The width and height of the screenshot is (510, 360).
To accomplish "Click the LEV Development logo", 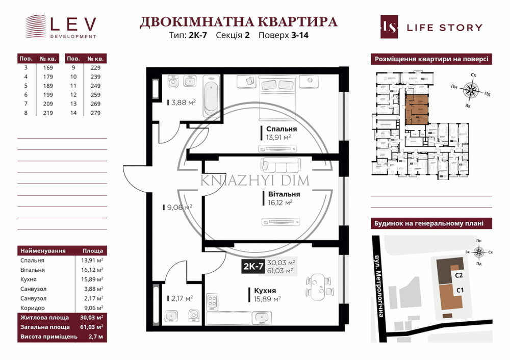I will pyautogui.click(x=60, y=27).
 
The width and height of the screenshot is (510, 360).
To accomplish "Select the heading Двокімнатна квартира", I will pyautogui.click(x=238, y=22).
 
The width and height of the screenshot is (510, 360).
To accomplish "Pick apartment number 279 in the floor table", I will pyautogui.click(x=95, y=113).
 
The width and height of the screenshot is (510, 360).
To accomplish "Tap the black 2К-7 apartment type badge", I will pyautogui.click(x=253, y=266).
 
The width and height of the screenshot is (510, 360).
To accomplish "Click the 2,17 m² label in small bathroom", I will pyautogui.click(x=181, y=298).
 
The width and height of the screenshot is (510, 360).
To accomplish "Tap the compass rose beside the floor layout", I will pyautogui.click(x=470, y=91).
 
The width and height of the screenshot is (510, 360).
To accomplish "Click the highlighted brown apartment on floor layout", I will pyautogui.click(x=416, y=109).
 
